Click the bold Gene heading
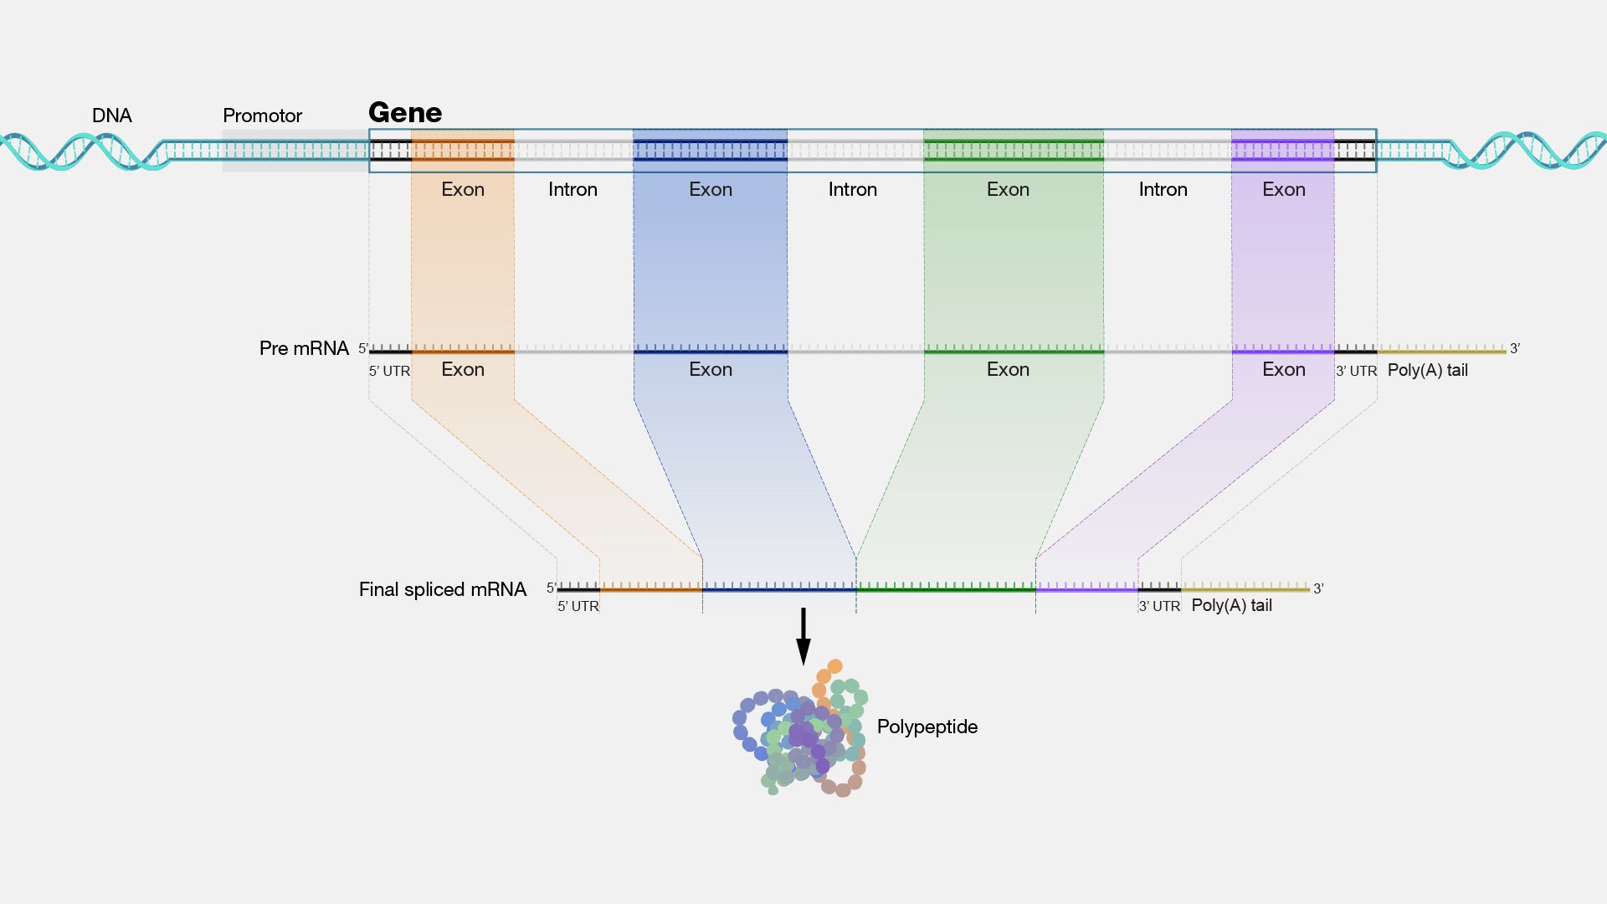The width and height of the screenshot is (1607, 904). pos(405,112)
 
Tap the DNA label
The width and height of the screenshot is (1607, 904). pos(112,116)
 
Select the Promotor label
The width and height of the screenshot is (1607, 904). pos(262,116)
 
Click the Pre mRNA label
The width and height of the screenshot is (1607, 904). pos(304,348)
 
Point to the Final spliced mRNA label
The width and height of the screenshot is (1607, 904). pos(443,589)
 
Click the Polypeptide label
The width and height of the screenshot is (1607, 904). pos(927,727)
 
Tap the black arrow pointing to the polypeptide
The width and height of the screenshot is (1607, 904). pos(803,636)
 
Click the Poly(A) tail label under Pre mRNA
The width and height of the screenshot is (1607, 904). pos(1428,370)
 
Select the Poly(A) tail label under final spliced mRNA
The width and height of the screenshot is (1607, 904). pos(1232,605)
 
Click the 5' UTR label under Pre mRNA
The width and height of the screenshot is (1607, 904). pos(390,371)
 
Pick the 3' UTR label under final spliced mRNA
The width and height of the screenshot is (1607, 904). pos(1159,606)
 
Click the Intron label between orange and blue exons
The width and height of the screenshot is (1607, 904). pos(573,189)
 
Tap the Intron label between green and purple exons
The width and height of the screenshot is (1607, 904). pos(1163,189)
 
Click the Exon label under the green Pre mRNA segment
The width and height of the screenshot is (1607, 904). pos(1009,369)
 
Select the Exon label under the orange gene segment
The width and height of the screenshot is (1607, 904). pos(463,189)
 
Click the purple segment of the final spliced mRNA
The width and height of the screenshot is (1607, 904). pos(1086,588)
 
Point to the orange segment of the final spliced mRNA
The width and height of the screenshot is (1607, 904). pos(651,588)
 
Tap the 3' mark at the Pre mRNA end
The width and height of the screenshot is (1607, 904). pos(1515,348)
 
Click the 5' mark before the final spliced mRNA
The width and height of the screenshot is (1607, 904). pos(552,588)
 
